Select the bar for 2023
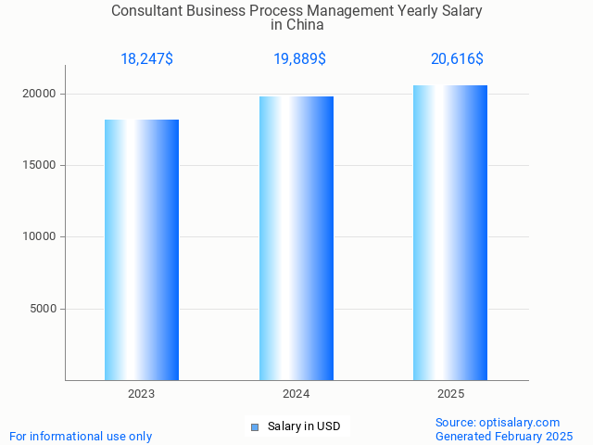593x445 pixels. pyautogui.click(x=142, y=249)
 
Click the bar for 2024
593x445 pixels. pyautogui.click(x=296, y=238)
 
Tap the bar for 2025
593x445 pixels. pyautogui.click(x=450, y=233)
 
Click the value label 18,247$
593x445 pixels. pyautogui.click(x=146, y=59)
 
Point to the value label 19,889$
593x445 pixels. pyautogui.click(x=299, y=59)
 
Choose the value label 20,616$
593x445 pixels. pyautogui.click(x=457, y=59)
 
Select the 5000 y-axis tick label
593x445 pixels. pyautogui.click(x=43, y=309)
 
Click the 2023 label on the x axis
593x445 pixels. pyautogui.click(x=142, y=394)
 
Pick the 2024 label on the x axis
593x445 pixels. pyautogui.click(x=296, y=394)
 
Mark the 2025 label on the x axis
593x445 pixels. pyautogui.click(x=450, y=394)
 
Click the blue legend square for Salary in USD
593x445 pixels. pyautogui.click(x=255, y=426)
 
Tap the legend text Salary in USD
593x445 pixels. pyautogui.click(x=304, y=426)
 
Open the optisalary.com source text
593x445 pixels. pyautogui.click(x=498, y=422)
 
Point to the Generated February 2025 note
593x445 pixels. pyautogui.click(x=504, y=436)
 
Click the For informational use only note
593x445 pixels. pyautogui.click(x=81, y=436)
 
